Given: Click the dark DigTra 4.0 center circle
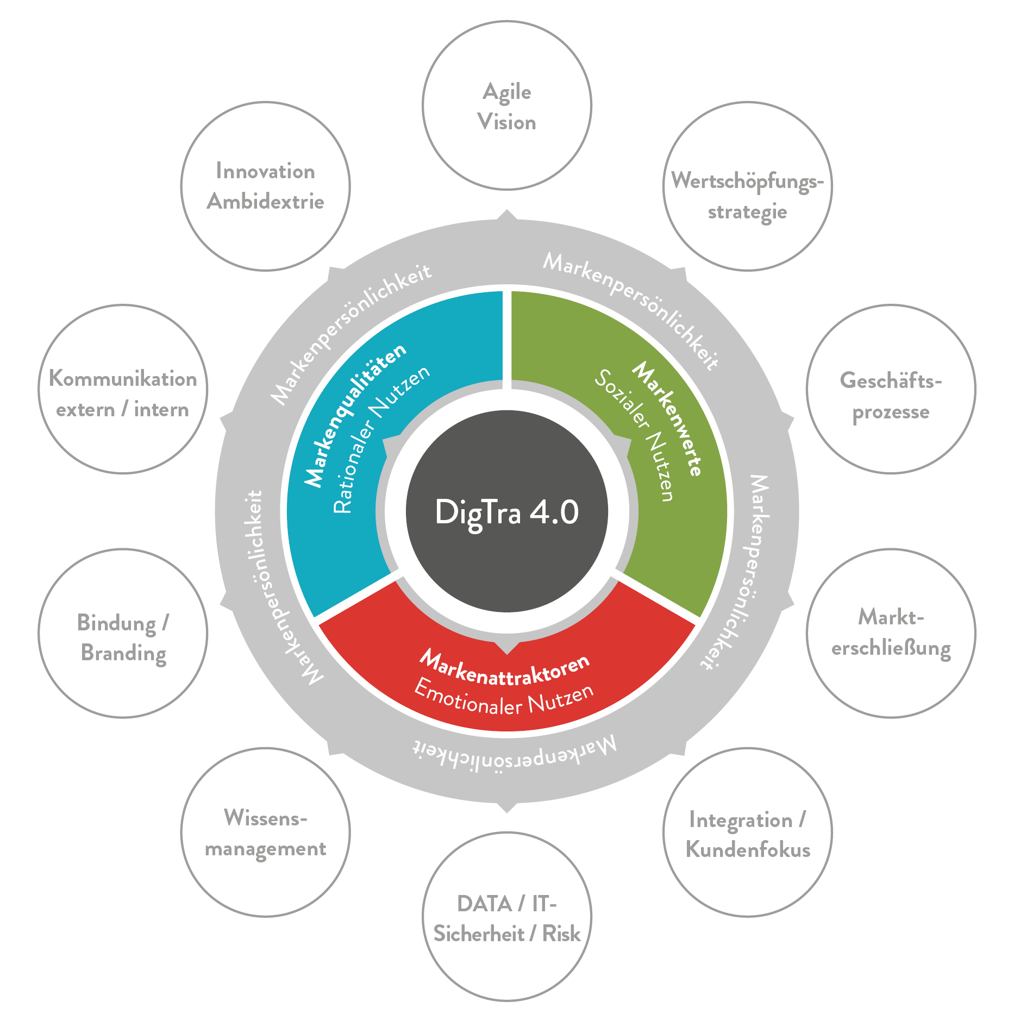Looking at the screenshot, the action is (507, 511).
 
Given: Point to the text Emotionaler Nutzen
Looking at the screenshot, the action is (504, 699).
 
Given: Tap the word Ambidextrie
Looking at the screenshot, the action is (266, 202).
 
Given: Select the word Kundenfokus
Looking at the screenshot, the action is (748, 849).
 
